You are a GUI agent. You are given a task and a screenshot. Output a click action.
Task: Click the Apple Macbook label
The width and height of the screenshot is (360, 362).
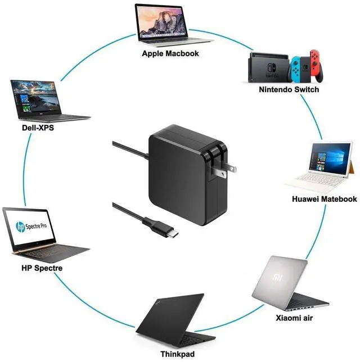(170, 54)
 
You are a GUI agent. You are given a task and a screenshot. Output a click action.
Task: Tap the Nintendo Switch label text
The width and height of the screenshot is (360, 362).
(289, 89)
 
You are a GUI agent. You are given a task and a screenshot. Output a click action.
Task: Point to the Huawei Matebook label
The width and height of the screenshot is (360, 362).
(324, 199)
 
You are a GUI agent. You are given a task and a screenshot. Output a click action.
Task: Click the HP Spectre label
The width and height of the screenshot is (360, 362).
(42, 268)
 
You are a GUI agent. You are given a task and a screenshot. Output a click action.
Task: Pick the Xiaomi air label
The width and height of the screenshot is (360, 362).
(294, 318)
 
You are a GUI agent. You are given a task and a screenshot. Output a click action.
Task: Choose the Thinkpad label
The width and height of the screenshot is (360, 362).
(177, 354)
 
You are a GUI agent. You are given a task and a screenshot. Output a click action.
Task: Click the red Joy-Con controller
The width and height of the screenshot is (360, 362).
(317, 68)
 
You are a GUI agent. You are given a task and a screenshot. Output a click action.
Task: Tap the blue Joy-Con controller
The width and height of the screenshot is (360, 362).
(296, 69)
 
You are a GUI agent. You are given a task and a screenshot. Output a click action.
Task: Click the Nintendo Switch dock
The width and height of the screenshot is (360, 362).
(269, 67)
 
